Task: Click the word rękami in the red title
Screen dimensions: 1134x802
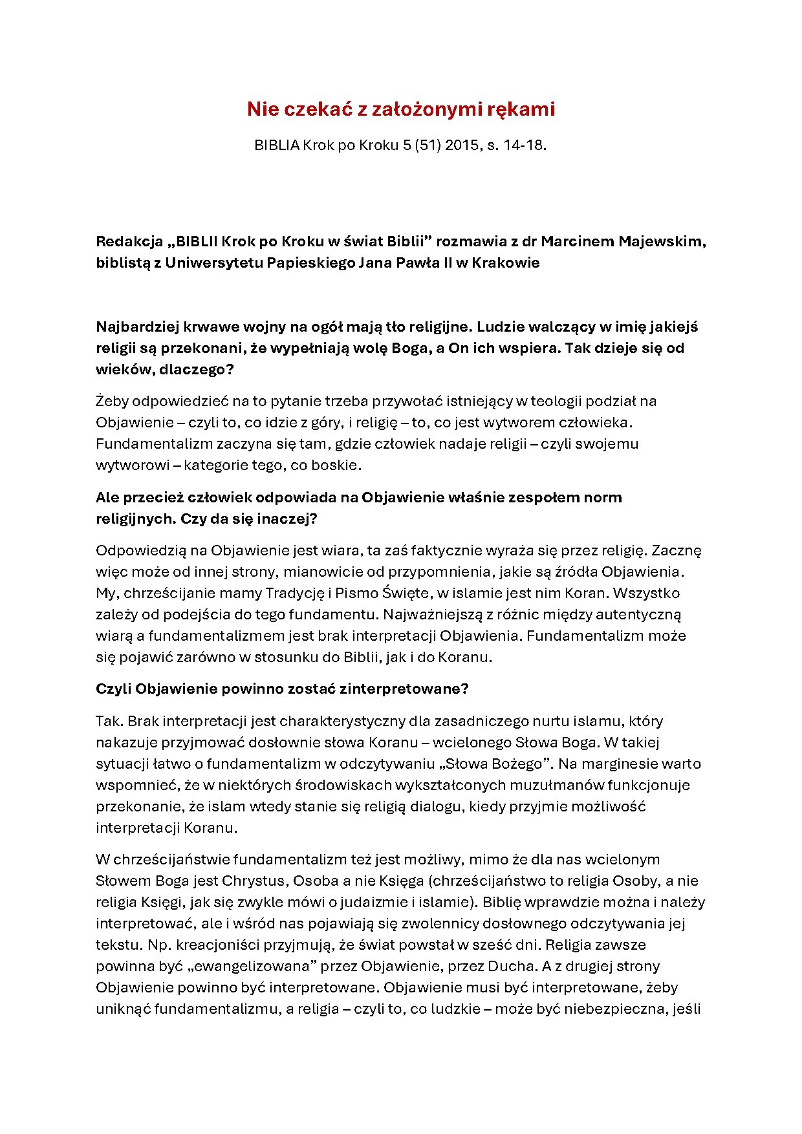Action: (x=525, y=109)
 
